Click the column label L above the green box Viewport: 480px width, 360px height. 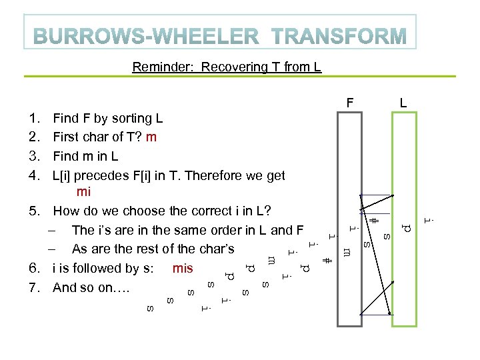403,103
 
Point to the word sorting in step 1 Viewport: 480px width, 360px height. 123,119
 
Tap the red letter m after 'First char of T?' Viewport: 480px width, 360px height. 151,137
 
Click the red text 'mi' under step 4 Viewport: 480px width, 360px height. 84,193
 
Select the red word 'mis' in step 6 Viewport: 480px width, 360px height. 182,269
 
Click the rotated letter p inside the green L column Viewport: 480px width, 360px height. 406,228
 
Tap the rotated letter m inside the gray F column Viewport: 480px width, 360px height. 347,251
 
